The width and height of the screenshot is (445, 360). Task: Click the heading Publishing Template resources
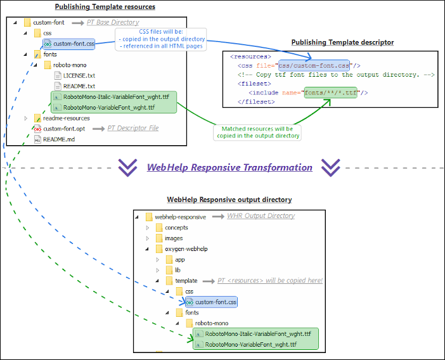point(105,7)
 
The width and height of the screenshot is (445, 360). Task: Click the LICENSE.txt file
point(79,75)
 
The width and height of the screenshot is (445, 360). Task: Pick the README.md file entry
point(58,139)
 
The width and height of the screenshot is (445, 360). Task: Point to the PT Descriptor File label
point(132,129)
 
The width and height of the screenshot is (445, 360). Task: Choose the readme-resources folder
point(66,118)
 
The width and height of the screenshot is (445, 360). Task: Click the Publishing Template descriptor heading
point(342,42)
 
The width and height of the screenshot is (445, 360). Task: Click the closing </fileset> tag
point(256,101)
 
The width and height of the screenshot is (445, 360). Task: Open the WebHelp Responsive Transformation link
point(229,167)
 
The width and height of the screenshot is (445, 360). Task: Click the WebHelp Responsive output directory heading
point(229,200)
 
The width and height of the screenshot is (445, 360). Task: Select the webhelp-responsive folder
point(180,217)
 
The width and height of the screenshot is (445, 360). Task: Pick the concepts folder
point(176,228)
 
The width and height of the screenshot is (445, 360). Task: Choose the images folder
point(174,238)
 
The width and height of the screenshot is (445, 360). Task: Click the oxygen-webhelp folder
point(186,249)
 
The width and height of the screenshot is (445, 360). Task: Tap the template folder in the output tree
point(186,281)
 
